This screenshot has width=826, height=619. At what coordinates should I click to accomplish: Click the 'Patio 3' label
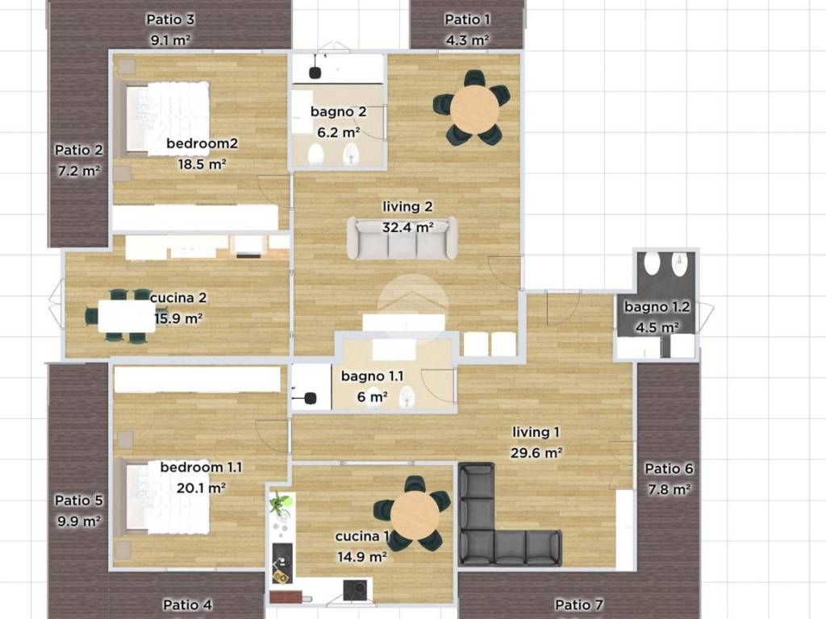[170, 19]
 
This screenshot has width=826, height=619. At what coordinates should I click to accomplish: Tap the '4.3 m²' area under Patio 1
[467, 40]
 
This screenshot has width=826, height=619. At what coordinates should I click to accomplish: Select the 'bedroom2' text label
[202, 143]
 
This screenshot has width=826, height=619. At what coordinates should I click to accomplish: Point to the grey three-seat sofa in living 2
[402, 238]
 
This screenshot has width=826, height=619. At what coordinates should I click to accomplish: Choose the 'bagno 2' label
[338, 111]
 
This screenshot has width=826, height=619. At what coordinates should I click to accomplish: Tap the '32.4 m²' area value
[407, 227]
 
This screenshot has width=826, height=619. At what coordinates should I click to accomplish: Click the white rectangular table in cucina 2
[127, 316]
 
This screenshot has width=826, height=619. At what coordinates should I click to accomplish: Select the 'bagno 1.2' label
[657, 306]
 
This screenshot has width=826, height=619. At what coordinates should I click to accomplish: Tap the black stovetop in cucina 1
[355, 590]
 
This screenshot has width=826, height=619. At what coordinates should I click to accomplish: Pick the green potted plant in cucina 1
[278, 503]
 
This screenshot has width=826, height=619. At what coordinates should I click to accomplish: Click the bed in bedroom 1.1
[162, 496]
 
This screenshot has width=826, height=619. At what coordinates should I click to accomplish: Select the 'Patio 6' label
[669, 468]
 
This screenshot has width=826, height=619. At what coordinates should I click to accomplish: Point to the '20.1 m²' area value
[201, 488]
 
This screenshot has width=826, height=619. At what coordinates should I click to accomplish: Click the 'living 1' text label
[536, 432]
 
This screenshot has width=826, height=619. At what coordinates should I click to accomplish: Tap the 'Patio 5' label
[79, 500]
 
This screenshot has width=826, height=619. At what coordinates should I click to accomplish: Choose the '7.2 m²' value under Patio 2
[79, 171]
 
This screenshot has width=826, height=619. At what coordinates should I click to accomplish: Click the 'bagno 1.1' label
[373, 376]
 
